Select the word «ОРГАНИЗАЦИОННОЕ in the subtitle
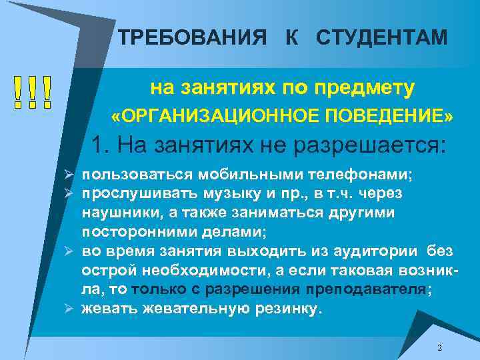coord(203,117)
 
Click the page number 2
coord(439,348)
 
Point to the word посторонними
coord(137,231)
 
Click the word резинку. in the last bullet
coord(286,309)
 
